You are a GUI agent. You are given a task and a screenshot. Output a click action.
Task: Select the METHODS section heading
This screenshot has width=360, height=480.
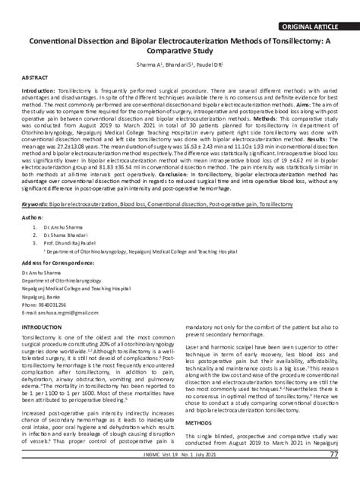[x=198, y=422]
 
